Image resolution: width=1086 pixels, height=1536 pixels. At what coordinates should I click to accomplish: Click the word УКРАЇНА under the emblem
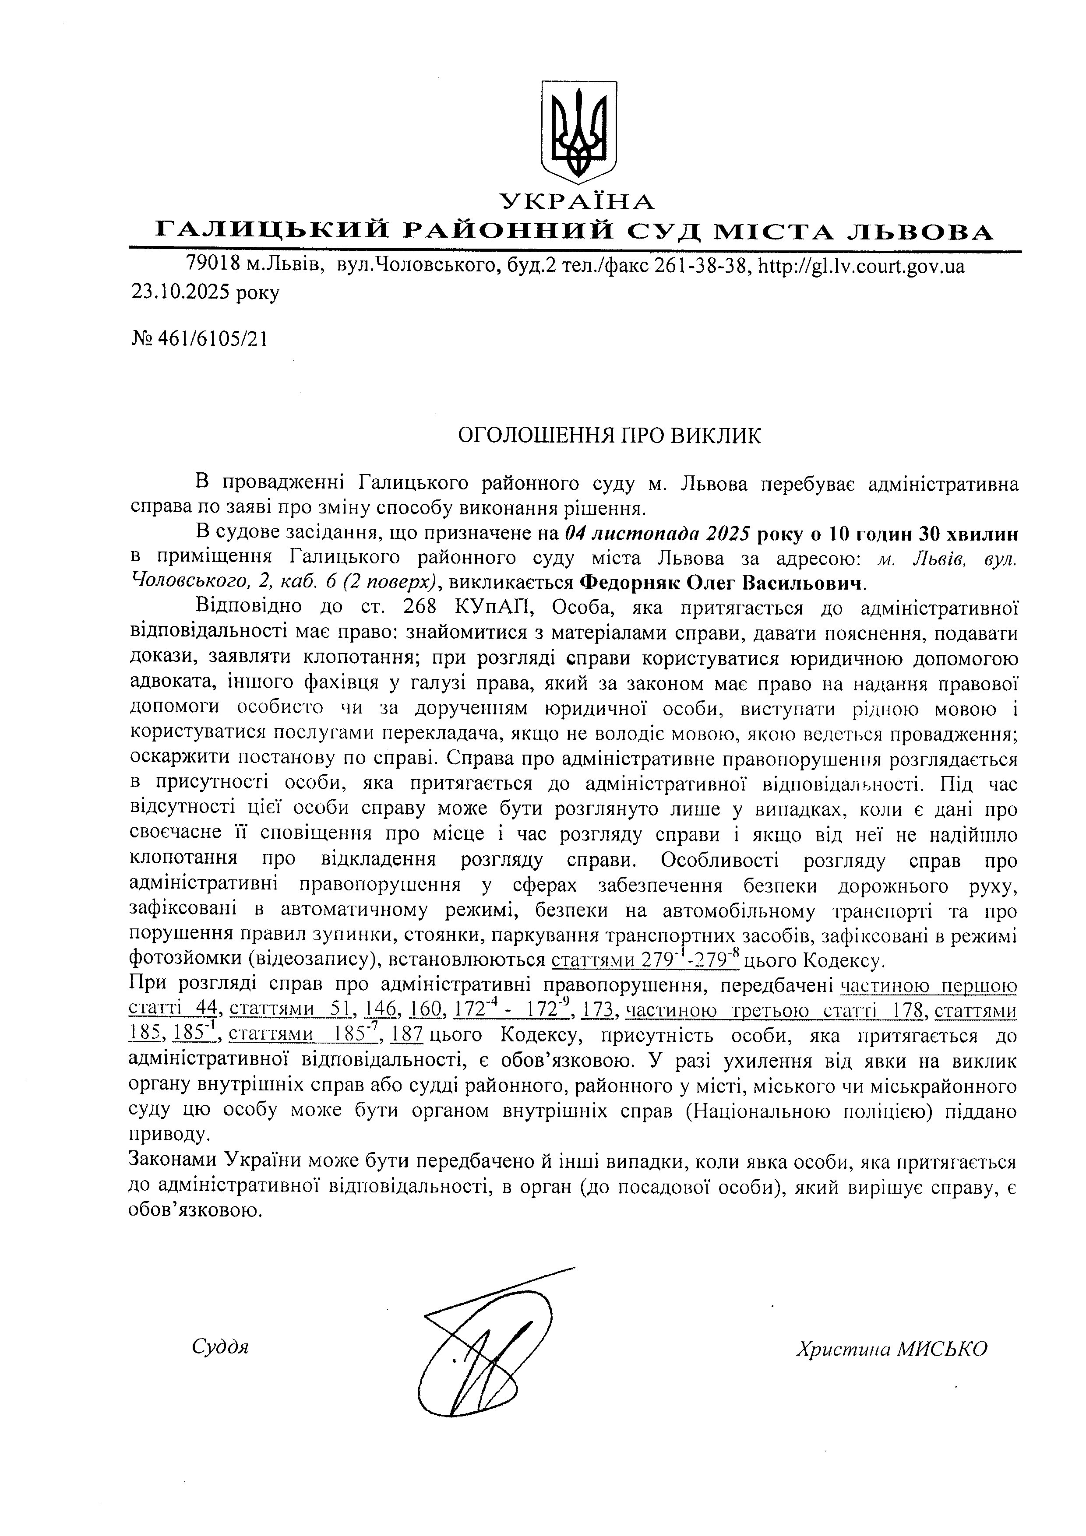tap(578, 200)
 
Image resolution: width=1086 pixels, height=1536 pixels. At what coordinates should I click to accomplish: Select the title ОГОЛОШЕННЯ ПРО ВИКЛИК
tap(609, 436)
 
